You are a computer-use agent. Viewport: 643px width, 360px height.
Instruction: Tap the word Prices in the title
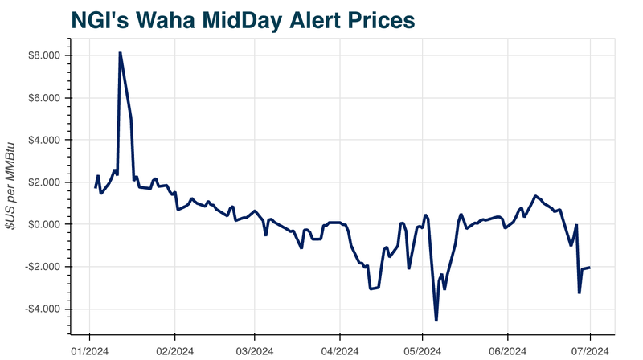[x=375, y=20]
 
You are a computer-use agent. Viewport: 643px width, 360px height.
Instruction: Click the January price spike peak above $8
[x=120, y=53]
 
